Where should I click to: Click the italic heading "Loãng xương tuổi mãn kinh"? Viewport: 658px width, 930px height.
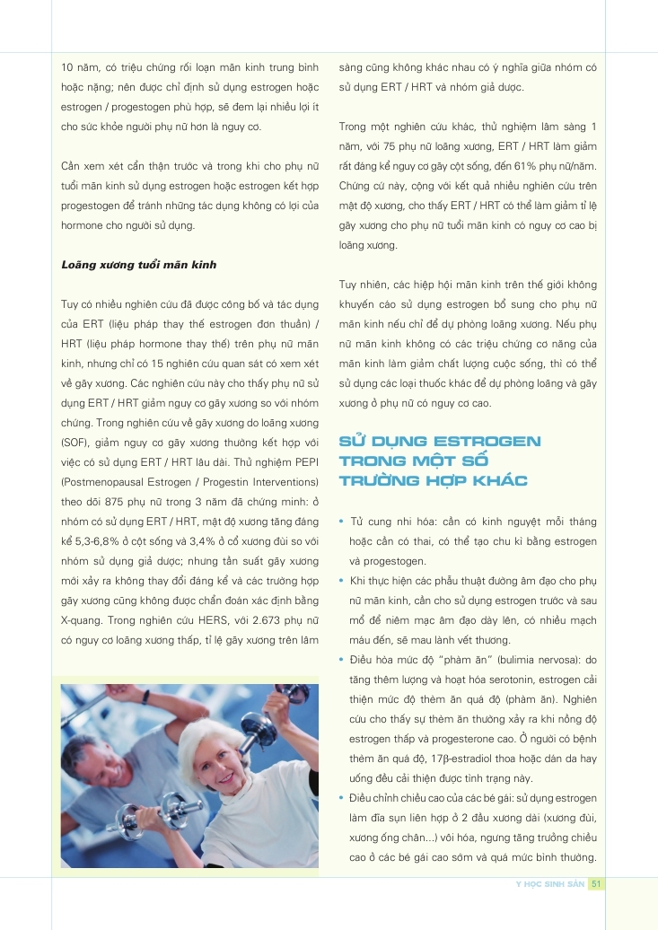coord(138,265)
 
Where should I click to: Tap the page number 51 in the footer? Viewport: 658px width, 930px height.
coord(595,884)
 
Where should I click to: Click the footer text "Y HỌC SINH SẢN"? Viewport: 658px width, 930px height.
coord(549,884)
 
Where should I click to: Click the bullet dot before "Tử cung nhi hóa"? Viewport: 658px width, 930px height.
coord(342,522)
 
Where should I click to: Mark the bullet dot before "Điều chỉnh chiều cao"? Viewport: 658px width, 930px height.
coord(342,798)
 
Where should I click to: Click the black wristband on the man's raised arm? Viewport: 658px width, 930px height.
coord(145,697)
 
